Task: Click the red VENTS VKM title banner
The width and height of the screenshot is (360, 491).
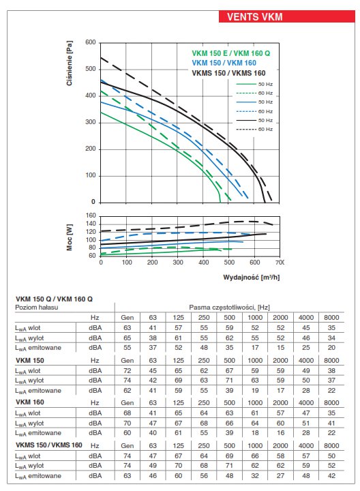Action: (x=287, y=16)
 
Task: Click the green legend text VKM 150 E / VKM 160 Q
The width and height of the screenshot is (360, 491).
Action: (x=230, y=53)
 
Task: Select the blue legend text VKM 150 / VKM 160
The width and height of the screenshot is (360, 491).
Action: (x=224, y=63)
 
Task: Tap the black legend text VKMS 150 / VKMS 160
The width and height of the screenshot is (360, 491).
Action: (x=228, y=73)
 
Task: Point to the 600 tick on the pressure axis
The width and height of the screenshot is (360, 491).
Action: (x=91, y=42)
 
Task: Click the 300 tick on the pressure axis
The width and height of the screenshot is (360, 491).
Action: (x=91, y=122)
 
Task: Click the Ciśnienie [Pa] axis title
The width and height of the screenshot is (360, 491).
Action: (x=70, y=63)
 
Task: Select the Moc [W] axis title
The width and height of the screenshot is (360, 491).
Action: (x=70, y=237)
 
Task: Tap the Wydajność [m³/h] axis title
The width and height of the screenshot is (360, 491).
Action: (x=251, y=277)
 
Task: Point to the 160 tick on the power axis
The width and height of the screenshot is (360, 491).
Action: (x=91, y=215)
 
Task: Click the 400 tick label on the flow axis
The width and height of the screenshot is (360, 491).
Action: (x=203, y=263)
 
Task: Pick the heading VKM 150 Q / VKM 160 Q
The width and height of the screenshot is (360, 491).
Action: (x=54, y=299)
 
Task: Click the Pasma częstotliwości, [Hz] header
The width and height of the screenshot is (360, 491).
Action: (x=230, y=307)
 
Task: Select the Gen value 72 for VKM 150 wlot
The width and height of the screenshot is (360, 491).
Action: (x=127, y=371)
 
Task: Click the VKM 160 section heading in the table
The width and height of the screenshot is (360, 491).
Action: (x=30, y=402)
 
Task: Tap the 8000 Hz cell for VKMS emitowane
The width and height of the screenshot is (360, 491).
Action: (x=331, y=476)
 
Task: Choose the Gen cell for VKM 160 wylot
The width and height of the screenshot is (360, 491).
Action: (x=127, y=423)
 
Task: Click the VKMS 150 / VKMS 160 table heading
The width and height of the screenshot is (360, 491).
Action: (x=49, y=445)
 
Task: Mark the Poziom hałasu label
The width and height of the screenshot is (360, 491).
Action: (x=37, y=308)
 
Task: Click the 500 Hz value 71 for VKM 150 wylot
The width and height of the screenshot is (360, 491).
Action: (x=230, y=381)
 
